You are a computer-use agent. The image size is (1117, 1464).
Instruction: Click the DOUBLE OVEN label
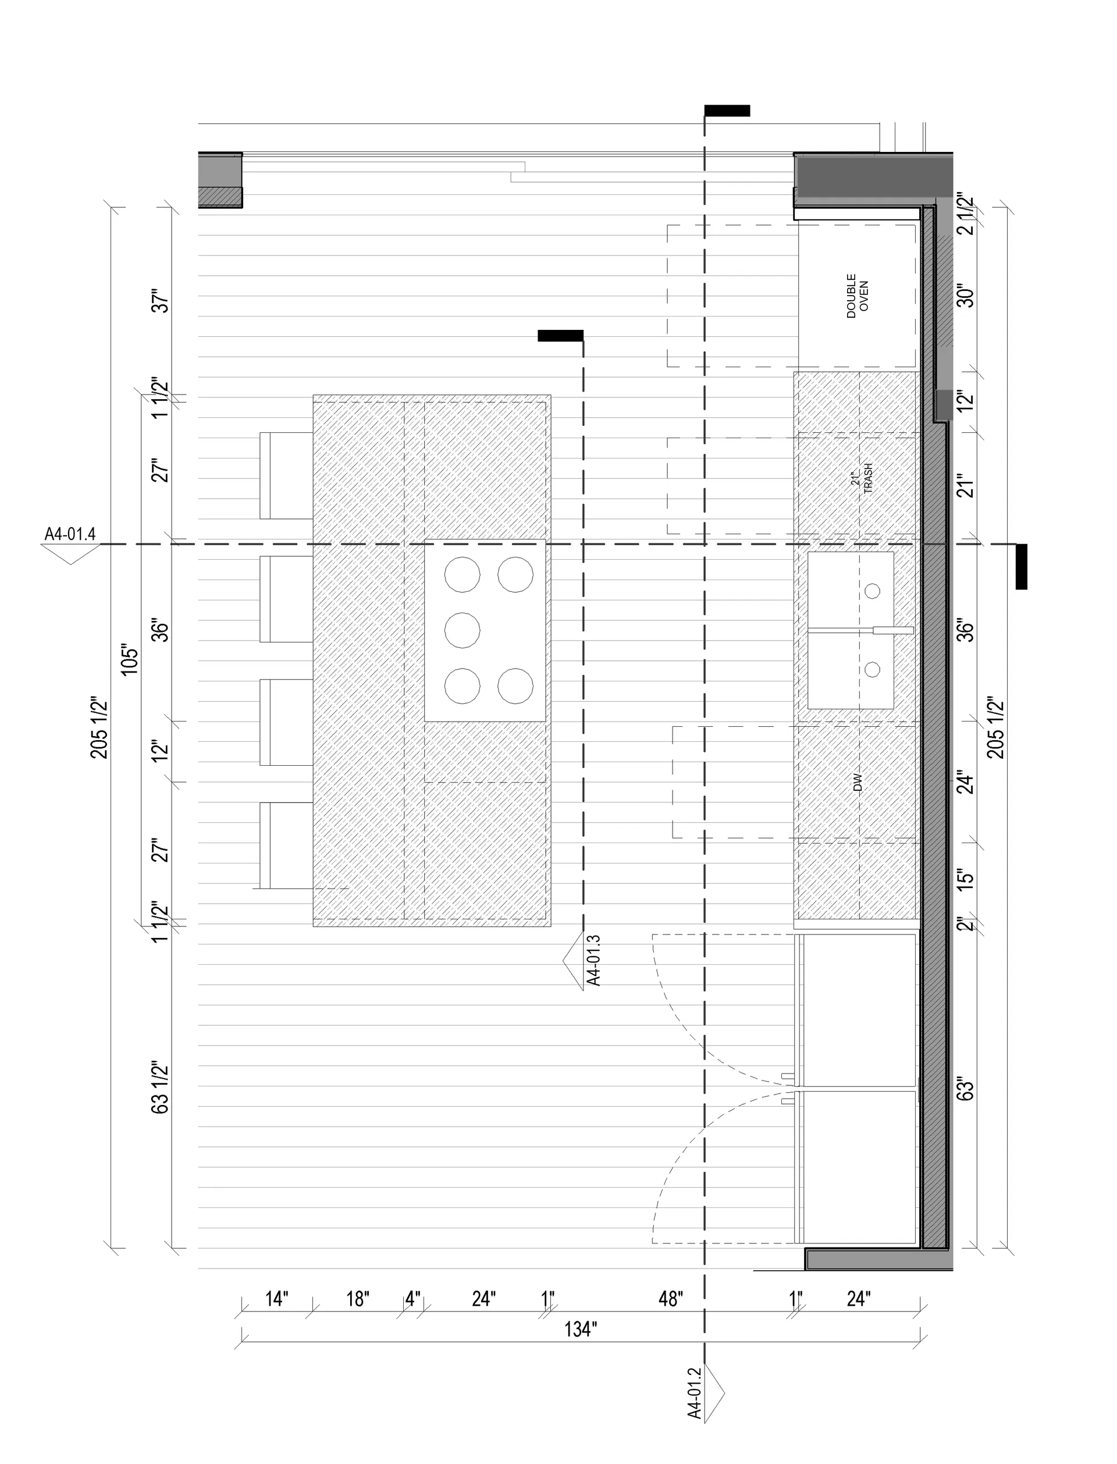click(857, 296)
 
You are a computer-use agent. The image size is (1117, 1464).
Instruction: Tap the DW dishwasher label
click(857, 782)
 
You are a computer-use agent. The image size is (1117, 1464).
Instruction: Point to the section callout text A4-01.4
click(70, 534)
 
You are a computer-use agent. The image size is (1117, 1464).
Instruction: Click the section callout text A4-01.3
click(594, 960)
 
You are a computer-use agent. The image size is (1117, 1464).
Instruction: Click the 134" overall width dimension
click(581, 1330)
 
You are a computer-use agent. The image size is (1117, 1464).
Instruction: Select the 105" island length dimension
click(130, 659)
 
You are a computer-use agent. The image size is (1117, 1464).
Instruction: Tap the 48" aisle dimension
click(670, 1298)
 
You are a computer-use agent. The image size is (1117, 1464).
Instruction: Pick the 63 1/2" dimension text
click(160, 1087)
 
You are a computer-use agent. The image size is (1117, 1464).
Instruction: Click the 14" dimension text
click(276, 1298)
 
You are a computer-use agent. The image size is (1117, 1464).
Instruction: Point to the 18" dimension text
click(358, 1298)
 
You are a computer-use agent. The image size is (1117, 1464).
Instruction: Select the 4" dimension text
click(413, 1298)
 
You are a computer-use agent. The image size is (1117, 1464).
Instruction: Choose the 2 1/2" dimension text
click(965, 214)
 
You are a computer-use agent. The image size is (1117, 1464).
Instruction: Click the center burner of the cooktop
click(462, 630)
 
